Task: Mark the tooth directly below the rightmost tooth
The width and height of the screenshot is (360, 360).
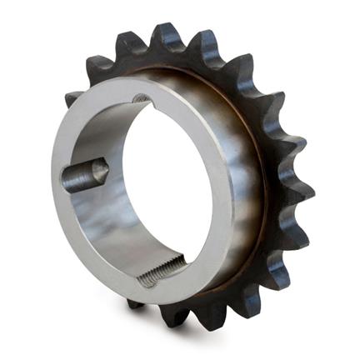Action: point(294,234)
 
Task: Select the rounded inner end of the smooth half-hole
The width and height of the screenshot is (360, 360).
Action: point(101,171)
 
